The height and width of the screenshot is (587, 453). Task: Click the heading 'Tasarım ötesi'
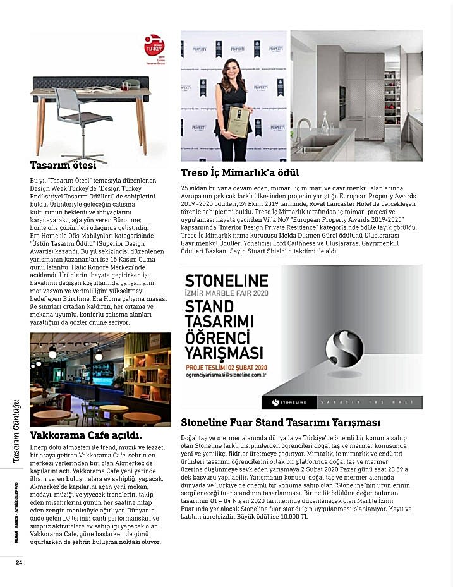(x=63, y=166)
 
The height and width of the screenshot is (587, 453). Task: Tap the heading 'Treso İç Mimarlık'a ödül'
(x=240, y=172)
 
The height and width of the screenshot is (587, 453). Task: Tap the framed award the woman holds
(x=237, y=120)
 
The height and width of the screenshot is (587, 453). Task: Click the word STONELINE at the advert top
(x=217, y=280)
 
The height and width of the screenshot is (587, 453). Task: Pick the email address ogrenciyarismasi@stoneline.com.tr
(x=227, y=374)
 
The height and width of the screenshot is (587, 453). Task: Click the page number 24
(x=20, y=563)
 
